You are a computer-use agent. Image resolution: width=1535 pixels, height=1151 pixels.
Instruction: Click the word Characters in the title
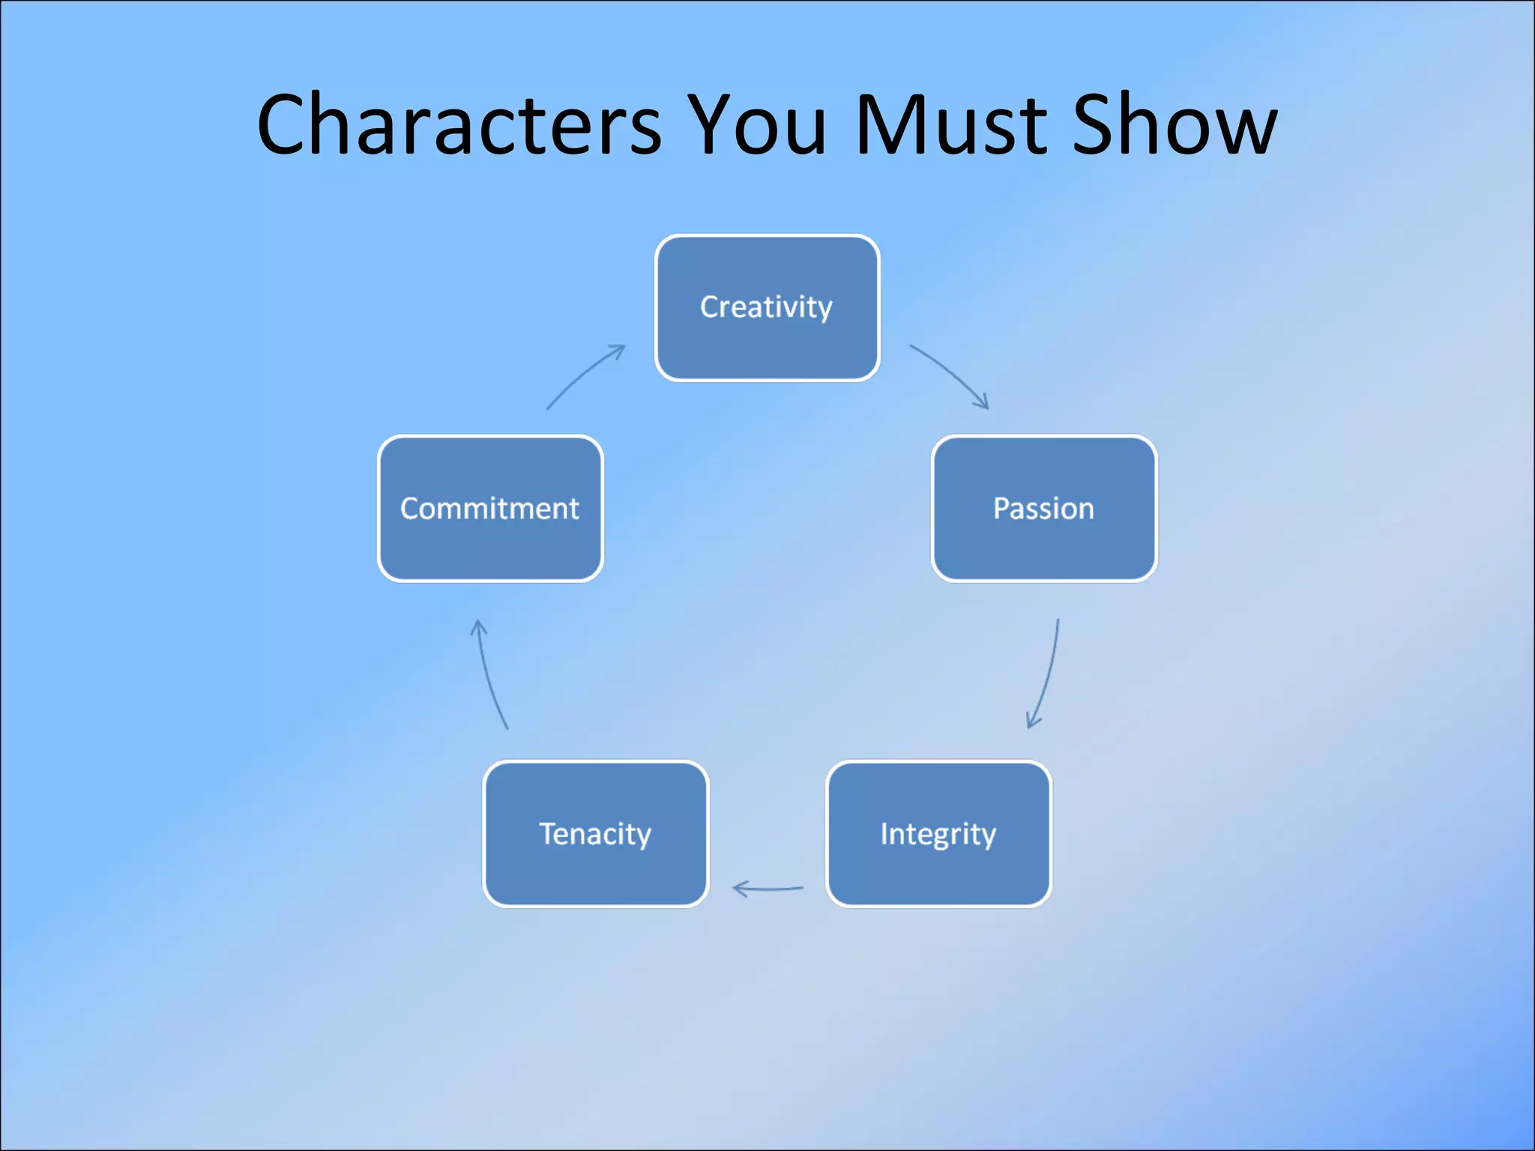click(459, 124)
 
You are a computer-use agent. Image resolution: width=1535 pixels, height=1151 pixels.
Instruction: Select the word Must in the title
click(950, 124)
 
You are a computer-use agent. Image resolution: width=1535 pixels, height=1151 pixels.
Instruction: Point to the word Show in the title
click(1174, 124)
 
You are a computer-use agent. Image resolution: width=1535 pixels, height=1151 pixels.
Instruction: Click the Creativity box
click(767, 308)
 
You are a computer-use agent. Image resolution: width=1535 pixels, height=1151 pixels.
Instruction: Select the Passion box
click(1043, 509)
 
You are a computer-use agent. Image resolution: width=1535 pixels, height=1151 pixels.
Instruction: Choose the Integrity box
click(938, 834)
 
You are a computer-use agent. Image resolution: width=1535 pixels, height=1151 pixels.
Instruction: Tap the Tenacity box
click(595, 834)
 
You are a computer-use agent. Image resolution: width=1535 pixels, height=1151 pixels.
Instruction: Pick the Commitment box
click(490, 509)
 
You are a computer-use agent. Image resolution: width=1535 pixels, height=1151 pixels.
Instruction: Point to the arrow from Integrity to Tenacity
click(767, 889)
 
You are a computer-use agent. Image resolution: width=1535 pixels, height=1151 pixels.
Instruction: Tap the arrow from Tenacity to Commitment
click(489, 674)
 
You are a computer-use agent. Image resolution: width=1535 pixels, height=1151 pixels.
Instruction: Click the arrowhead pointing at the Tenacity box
click(739, 889)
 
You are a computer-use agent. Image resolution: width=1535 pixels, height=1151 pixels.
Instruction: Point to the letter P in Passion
click(1001, 509)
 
